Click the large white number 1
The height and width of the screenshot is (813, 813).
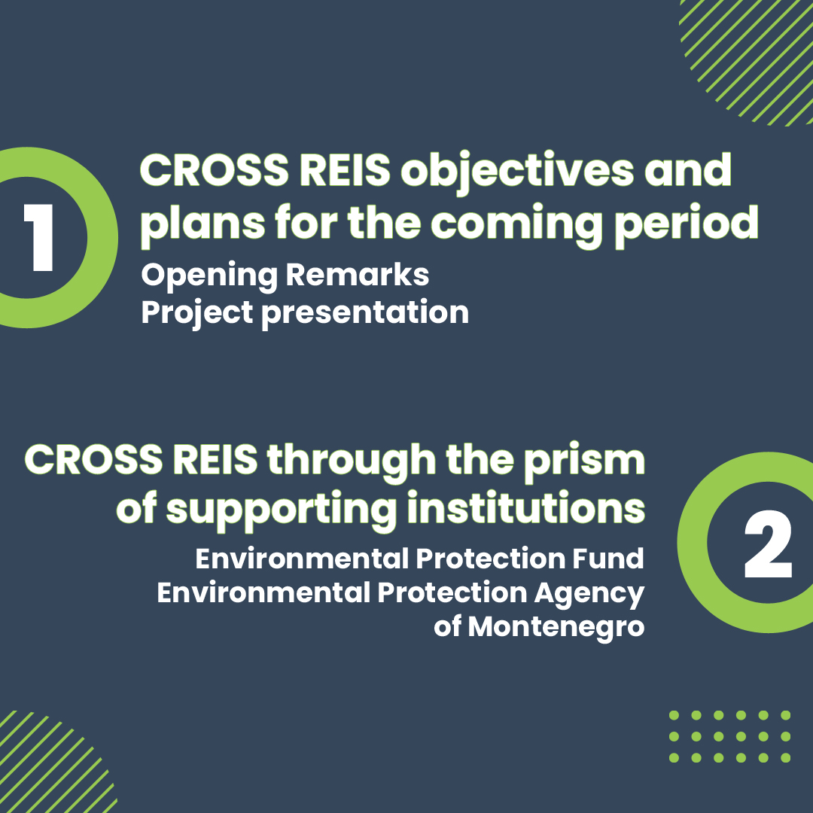[x=39, y=237]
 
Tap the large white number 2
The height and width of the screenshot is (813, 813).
[x=768, y=544]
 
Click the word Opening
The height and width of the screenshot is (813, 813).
[x=209, y=276]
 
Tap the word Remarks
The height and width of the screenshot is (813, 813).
[x=358, y=274]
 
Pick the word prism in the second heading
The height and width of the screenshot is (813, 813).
[x=584, y=461]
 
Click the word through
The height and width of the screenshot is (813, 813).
[x=352, y=461]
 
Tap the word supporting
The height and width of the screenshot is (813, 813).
[x=281, y=510]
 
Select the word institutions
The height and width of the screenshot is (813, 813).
[x=525, y=507]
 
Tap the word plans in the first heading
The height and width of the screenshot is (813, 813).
[x=202, y=224]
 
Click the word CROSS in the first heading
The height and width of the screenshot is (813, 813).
[x=214, y=171]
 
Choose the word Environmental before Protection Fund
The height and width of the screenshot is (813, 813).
[x=303, y=559]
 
